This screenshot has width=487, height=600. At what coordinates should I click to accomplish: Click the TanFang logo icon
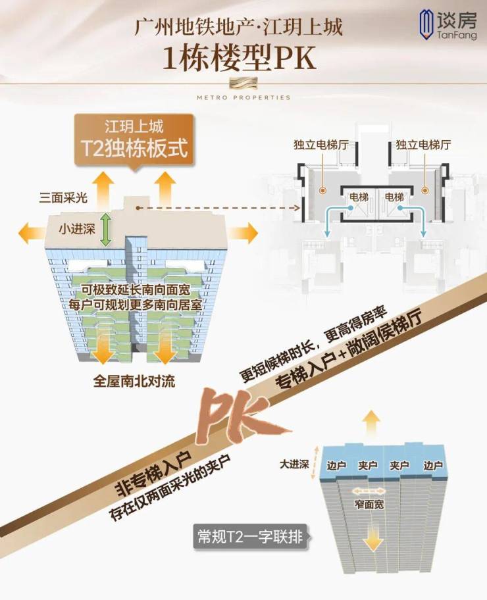click(426, 24)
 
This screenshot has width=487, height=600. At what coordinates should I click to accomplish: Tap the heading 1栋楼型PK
click(240, 58)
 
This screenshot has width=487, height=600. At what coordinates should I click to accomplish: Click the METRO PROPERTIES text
click(244, 97)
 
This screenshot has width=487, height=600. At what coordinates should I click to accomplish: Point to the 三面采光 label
click(63, 198)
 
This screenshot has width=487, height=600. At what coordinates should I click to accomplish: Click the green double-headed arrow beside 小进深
click(105, 230)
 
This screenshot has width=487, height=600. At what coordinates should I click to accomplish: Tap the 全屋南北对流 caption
click(134, 381)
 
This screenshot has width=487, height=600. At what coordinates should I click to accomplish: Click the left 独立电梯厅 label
click(321, 145)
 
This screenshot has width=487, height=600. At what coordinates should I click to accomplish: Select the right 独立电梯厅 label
click(423, 145)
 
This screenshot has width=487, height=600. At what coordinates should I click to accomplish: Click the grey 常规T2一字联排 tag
click(250, 537)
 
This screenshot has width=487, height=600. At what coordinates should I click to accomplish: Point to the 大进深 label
click(294, 464)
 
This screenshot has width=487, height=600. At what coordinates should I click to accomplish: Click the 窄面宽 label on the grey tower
click(369, 505)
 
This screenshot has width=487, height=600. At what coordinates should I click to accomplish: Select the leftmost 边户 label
click(336, 465)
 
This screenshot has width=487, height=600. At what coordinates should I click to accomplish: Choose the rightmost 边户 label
click(433, 465)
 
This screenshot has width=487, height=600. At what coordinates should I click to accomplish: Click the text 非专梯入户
click(153, 473)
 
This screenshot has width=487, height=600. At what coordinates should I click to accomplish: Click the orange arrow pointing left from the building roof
click(34, 233)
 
